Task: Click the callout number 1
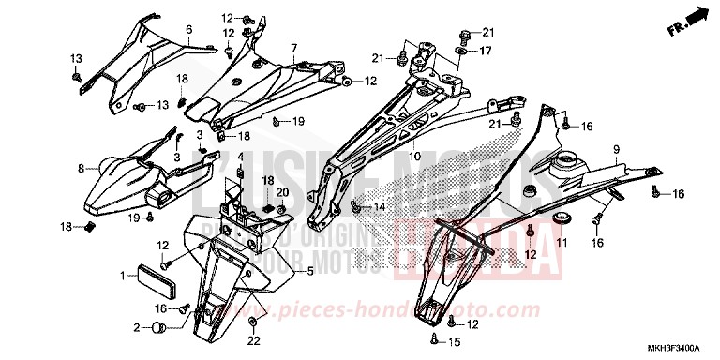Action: (122, 276)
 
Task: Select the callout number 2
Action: (137, 327)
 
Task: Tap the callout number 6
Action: (188, 30)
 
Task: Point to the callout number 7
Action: (293, 48)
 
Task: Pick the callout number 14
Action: (380, 205)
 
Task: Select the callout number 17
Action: (487, 51)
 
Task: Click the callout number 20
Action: (282, 193)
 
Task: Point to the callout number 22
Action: (254, 342)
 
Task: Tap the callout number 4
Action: (240, 156)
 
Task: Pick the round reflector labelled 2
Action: (158, 327)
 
